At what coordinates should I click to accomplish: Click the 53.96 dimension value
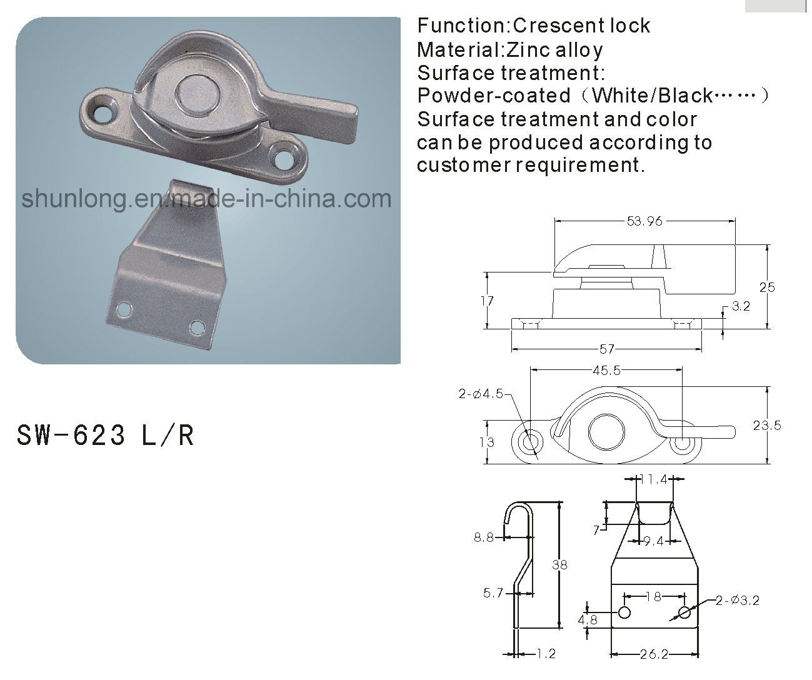pos(644,221)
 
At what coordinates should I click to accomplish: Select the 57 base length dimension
pos(607,349)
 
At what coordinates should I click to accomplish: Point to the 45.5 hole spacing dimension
pos(607,371)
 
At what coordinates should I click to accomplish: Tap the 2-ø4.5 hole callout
pos(481,394)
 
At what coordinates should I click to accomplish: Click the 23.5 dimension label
pos(767,426)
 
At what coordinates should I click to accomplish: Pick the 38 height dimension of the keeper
pos(559,565)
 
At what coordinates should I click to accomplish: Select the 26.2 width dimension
pos(654,654)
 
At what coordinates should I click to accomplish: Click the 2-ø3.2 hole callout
pos(738,601)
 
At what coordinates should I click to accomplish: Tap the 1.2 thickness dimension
pos(546,654)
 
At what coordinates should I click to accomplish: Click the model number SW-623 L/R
pos(105,435)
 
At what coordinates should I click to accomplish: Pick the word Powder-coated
pos(494,96)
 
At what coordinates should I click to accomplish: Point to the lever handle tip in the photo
pos(351,117)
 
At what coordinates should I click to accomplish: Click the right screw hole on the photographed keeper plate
pos(197,327)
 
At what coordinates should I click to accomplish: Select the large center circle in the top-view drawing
pos(607,432)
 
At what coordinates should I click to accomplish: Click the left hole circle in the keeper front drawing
pos(624,612)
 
